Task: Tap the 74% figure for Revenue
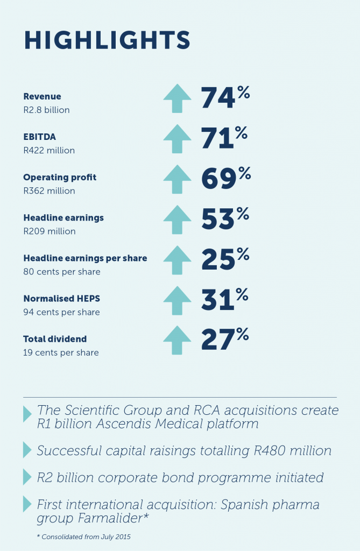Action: coord(225,98)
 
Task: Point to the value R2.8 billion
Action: coord(46,110)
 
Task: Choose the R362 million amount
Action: coord(49,191)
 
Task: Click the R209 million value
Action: coord(49,231)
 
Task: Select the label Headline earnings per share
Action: coord(85,258)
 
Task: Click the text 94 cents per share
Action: coord(61,312)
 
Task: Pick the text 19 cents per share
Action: coord(61,352)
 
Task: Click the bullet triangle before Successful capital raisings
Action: coord(27,451)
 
